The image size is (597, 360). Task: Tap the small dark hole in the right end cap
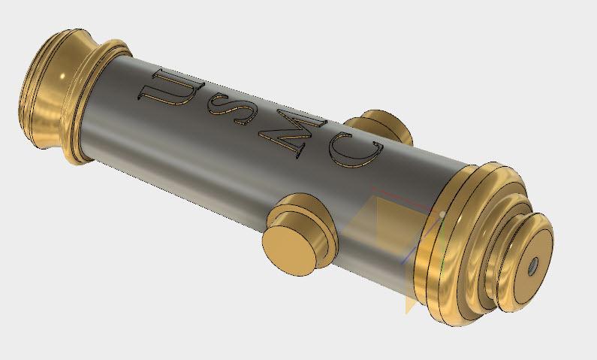[x=533, y=265]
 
